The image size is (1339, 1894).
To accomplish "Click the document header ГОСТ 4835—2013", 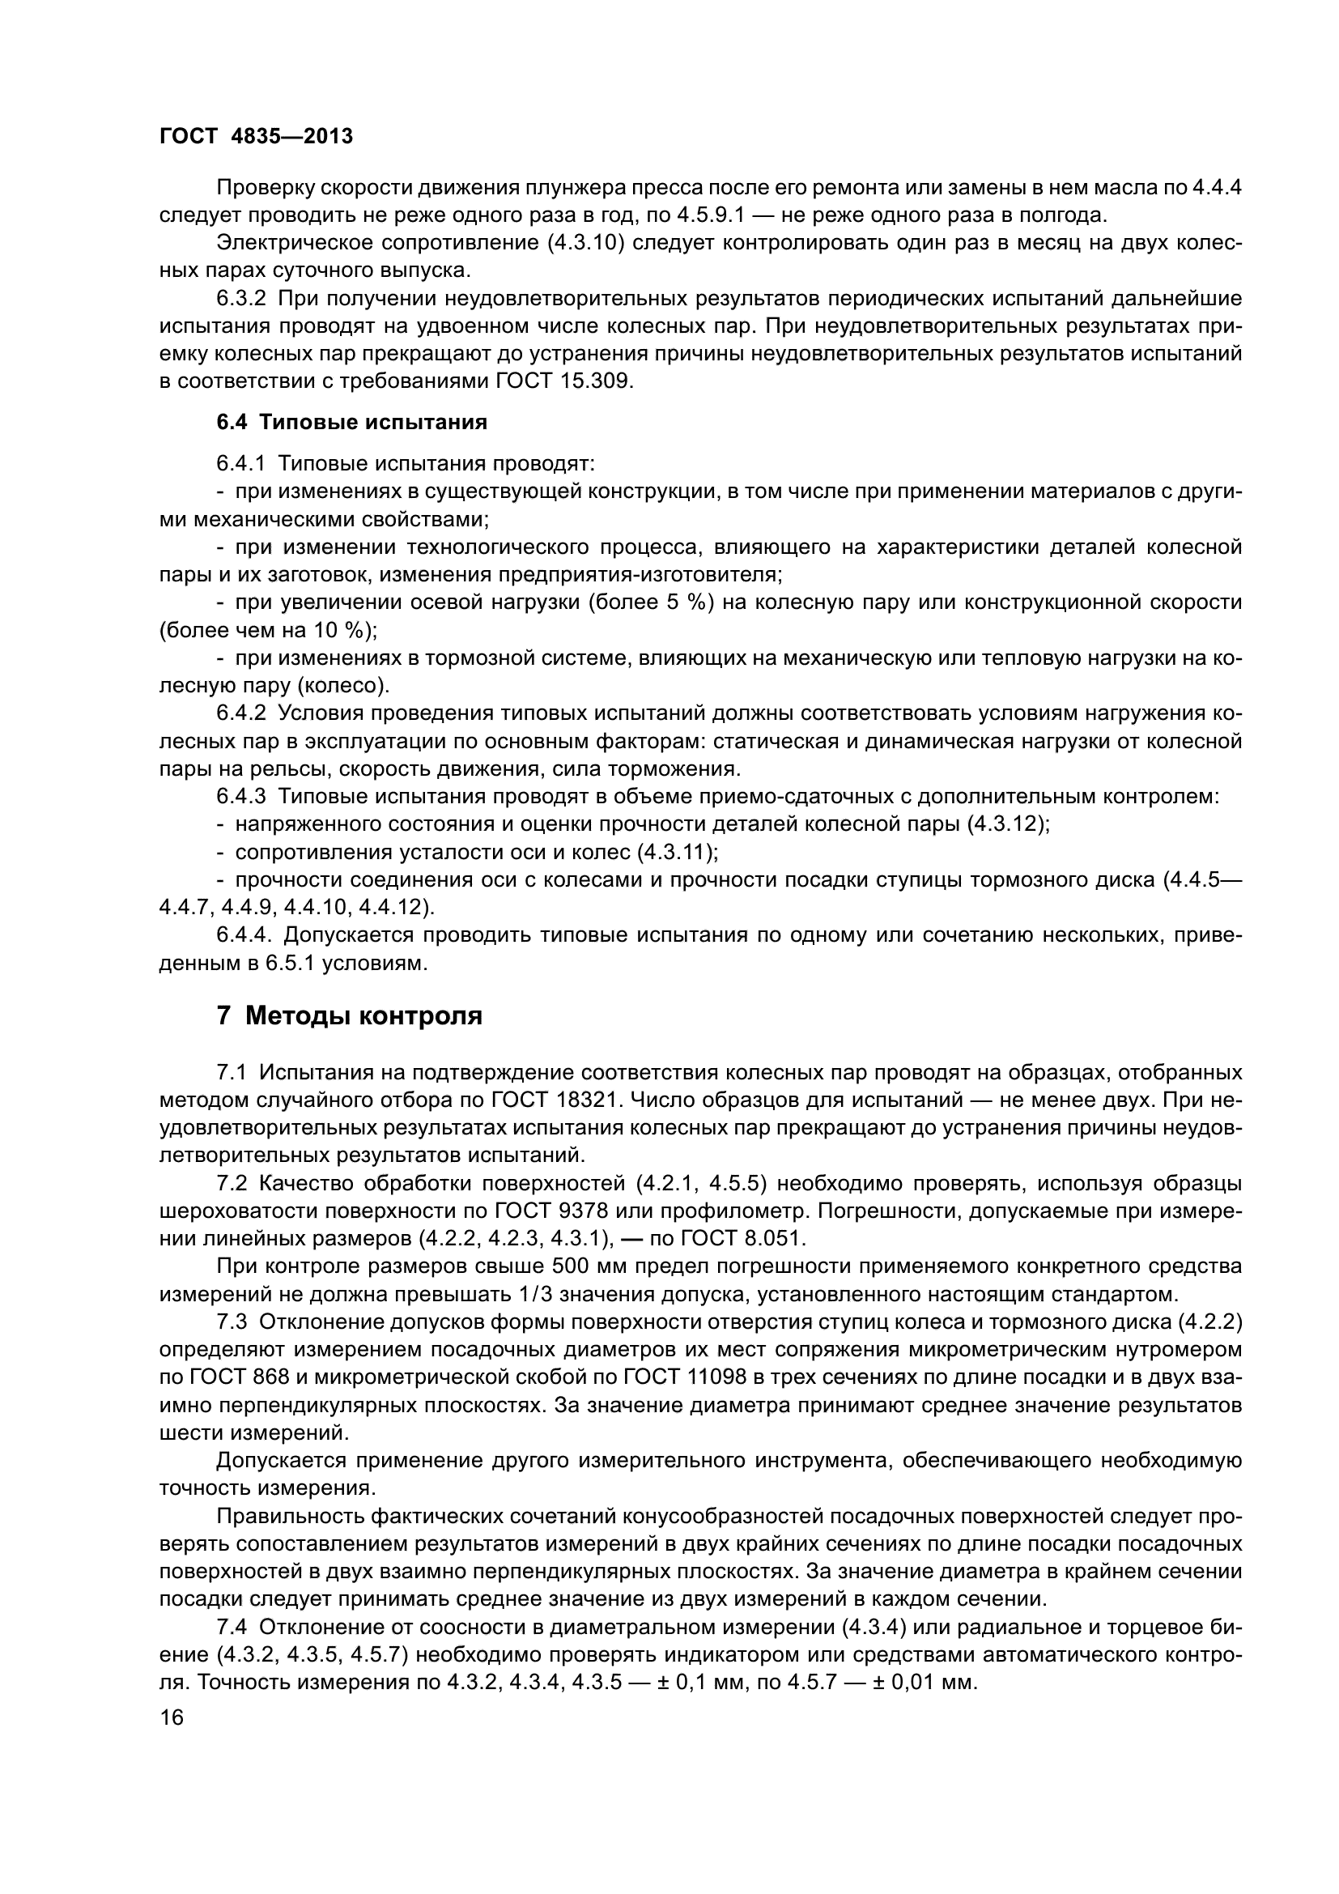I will [x=256, y=136].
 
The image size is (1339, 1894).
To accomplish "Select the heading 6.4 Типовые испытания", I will [x=352, y=423].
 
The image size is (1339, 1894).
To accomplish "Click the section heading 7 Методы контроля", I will [x=350, y=1015].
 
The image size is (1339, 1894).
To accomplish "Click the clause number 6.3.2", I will [x=240, y=298].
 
